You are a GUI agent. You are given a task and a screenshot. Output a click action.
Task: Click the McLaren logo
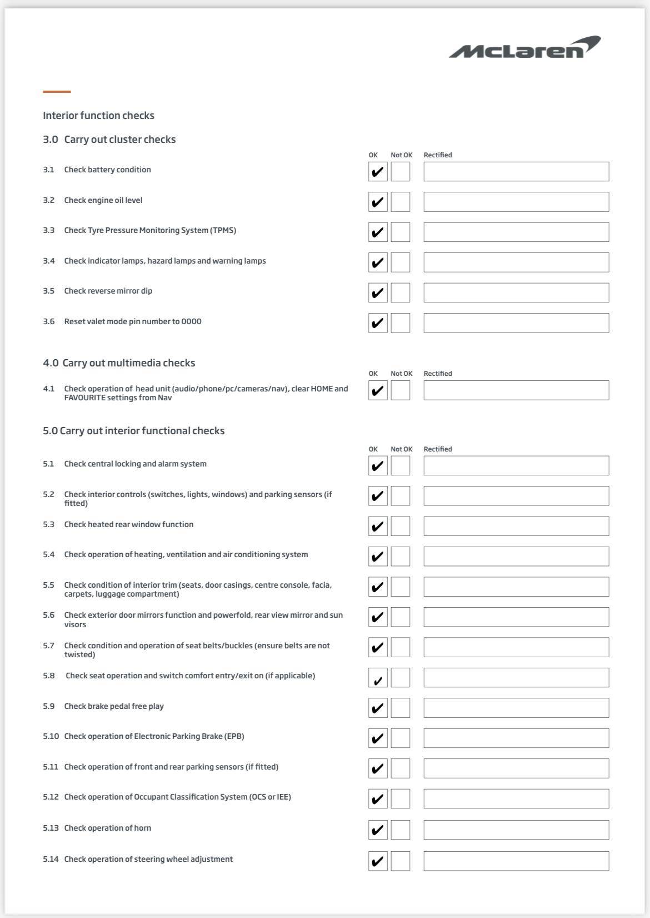[524, 48]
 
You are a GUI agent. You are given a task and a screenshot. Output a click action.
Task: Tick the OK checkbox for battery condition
[378, 171]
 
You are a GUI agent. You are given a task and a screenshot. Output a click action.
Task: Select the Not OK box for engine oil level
[400, 202]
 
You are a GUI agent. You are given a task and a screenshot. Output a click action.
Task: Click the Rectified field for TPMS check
[516, 232]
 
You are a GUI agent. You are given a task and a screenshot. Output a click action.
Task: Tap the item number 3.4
[49, 261]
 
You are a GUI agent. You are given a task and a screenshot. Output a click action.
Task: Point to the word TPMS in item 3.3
[223, 230]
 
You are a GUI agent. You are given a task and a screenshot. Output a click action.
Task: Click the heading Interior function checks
[98, 116]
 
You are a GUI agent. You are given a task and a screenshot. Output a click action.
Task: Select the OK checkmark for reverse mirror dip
[378, 292]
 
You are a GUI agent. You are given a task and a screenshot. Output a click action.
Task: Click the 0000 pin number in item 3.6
[191, 321]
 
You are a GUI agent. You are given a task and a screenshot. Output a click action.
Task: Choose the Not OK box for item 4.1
[400, 390]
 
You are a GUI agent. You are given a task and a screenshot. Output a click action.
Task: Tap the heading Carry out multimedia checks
[128, 363]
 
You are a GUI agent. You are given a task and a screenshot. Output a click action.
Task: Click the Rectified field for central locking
[516, 465]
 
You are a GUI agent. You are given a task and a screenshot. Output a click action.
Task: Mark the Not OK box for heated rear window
[400, 526]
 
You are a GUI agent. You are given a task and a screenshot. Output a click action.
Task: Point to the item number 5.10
[51, 736]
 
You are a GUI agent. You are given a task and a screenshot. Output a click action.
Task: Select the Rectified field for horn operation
[516, 830]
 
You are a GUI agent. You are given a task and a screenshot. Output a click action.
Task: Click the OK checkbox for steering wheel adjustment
[378, 861]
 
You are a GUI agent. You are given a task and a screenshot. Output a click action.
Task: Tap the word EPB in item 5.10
[234, 736]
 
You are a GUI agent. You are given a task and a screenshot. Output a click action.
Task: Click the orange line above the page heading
[57, 91]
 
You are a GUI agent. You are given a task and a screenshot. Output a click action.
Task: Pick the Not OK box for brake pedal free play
[400, 708]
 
